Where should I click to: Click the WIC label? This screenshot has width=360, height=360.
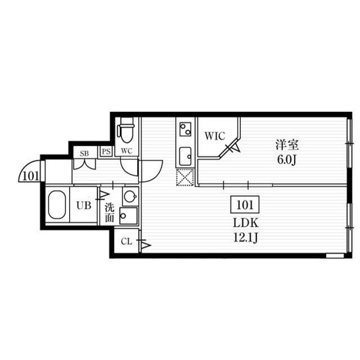coord(215,136)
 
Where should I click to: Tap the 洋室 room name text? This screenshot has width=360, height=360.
coord(287,145)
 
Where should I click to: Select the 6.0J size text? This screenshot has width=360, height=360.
coord(286,160)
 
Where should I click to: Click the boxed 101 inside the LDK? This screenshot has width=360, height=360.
coord(245,204)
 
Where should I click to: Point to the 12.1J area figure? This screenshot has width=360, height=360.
coord(245,237)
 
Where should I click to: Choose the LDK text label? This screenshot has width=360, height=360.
coord(246,223)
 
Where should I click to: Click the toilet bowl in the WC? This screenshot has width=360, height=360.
coord(125,130)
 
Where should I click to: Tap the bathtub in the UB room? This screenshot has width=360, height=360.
coord(57,205)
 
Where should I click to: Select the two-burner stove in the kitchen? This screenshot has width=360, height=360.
coord(185,129)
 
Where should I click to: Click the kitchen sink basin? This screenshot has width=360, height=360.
coord(185,156)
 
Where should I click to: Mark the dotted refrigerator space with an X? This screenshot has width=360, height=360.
coord(185,177)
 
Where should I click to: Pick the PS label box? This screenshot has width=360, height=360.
coord(106,151)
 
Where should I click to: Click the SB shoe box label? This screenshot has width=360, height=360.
coord(84,154)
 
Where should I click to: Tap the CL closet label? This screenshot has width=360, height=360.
coord(127,241)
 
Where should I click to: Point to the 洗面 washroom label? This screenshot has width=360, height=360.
coord(110,213)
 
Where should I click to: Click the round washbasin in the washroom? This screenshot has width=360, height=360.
coord(130,196)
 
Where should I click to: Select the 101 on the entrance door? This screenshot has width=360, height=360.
coord(31,176)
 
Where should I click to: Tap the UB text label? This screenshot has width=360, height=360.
coord(84,205)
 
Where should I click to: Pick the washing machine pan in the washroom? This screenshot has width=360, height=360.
coord(129,216)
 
